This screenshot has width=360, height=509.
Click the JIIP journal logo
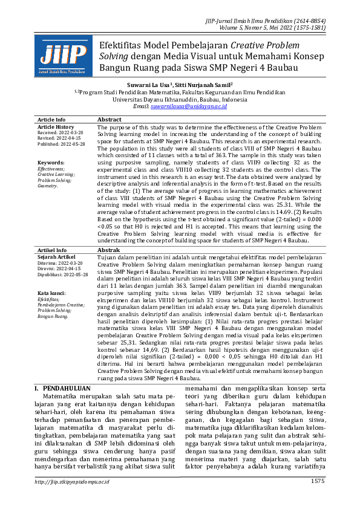tap(64, 56)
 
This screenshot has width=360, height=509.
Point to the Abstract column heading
tap(110, 120)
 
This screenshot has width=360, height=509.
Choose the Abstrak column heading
tap(109, 249)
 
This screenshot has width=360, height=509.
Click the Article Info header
tap(51, 120)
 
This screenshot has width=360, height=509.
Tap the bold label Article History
tap(56, 127)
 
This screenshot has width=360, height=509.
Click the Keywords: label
tap(51, 163)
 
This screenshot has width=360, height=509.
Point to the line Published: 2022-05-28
tap(62, 144)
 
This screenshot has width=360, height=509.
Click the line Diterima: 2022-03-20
tap(61, 263)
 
